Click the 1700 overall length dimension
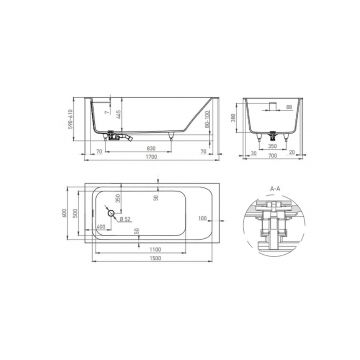[151, 158]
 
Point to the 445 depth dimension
[116, 118]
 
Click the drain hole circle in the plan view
[111, 211]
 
